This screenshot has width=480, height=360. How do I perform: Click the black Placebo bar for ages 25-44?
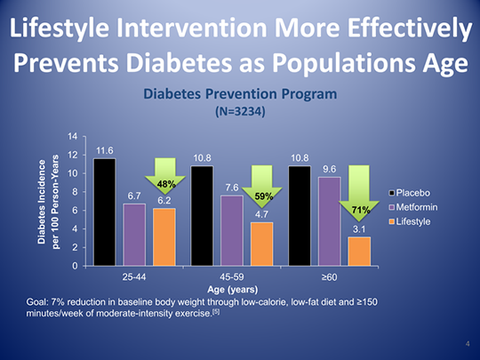click(x=105, y=212)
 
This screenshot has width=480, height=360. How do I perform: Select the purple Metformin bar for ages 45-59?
click(x=232, y=230)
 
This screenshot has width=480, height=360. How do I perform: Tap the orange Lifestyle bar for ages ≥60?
click(x=359, y=252)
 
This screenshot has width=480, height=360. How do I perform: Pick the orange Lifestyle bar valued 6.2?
click(x=164, y=237)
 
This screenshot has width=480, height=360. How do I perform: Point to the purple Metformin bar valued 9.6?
click(x=330, y=221)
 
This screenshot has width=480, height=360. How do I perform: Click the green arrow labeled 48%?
click(x=165, y=176)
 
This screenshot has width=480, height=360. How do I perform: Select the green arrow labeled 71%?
click(x=359, y=194)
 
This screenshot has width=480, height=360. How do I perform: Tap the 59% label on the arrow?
click(x=264, y=196)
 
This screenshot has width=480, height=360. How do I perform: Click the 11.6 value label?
click(x=105, y=150)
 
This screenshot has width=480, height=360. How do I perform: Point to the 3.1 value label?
click(x=359, y=229)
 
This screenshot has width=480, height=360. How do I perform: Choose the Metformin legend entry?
click(x=413, y=207)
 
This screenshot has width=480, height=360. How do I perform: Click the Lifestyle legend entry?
click(x=410, y=221)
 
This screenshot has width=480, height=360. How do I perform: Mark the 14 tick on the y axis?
click(x=73, y=137)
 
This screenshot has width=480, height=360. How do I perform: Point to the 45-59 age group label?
click(x=232, y=277)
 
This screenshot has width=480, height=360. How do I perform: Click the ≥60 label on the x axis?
click(x=330, y=277)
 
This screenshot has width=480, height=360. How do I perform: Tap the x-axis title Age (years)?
click(x=233, y=289)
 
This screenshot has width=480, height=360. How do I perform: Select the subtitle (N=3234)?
click(x=240, y=111)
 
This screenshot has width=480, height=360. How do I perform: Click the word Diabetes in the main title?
click(x=179, y=63)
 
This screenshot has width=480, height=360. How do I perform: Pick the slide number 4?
click(x=468, y=344)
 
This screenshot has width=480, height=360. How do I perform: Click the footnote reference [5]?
click(x=216, y=312)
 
